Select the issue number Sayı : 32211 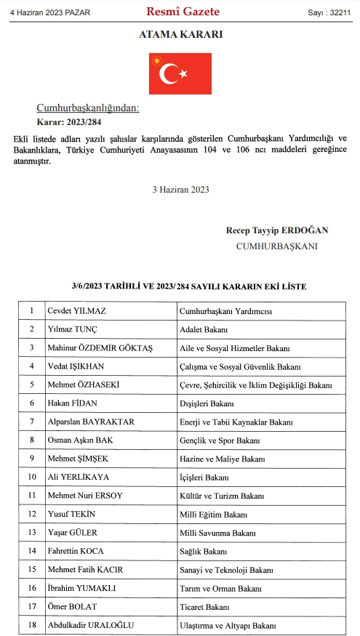click(329, 12)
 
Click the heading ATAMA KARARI click(180, 35)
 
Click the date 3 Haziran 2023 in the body click(180, 189)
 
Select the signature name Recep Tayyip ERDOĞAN click(277, 230)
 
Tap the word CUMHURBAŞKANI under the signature click(276, 246)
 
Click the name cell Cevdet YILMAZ click(76, 310)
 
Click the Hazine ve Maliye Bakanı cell click(222, 459)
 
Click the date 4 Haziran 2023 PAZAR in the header click(45, 12)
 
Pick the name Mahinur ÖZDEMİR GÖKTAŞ click(100, 348)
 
